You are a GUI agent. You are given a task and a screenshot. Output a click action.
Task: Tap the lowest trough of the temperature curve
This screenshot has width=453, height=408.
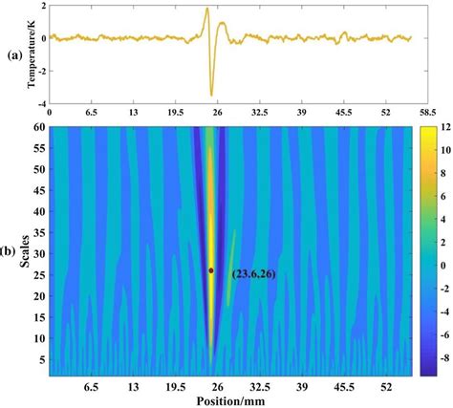(x=211, y=95)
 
